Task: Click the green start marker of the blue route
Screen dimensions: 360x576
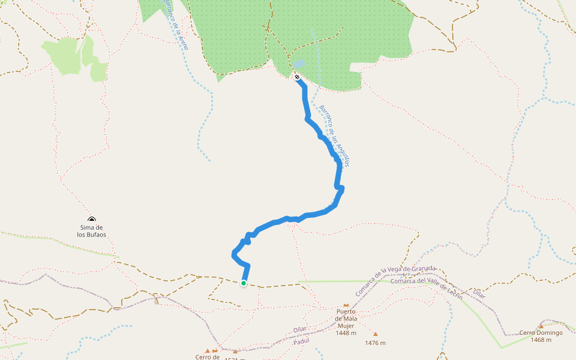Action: pos(244,283)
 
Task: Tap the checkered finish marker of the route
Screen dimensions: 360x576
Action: pos(297,77)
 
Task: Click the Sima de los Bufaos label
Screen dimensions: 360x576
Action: pos(91,231)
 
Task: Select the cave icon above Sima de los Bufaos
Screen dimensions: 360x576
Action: pos(91,220)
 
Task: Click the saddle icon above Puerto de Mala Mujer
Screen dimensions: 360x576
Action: pos(346,305)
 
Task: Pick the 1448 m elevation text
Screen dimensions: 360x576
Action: pos(346,333)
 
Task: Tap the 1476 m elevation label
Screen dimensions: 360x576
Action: pos(375,343)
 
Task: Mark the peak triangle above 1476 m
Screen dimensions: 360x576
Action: pos(376,334)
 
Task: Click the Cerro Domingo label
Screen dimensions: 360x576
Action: pos(541,332)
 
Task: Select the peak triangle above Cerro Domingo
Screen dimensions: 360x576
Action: pos(541,326)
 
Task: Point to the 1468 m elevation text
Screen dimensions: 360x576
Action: pos(541,340)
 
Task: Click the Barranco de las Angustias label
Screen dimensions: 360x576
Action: pos(334,136)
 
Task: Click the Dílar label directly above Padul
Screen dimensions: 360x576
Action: pos(301,329)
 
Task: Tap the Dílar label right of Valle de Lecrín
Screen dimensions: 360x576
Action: pos(479,293)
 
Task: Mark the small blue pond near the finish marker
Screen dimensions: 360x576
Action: pos(298,64)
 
